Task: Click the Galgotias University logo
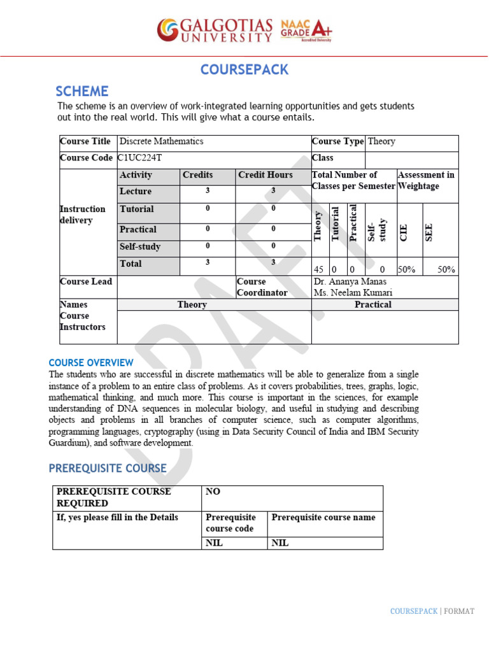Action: point(215,30)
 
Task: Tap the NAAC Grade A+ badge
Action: point(306,30)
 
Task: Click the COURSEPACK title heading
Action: point(244,69)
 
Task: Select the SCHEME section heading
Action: point(82,91)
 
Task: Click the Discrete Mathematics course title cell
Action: point(162,141)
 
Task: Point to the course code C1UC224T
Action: point(145,158)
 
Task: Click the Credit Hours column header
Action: point(266,175)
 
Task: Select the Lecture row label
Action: point(136,191)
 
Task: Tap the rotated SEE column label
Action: point(429,232)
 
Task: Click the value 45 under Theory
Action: point(319,269)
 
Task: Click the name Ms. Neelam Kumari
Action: point(353,293)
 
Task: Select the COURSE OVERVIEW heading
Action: point(92,362)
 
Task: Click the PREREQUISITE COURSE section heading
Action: point(108,469)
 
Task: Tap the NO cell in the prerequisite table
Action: point(213,492)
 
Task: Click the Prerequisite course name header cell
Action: point(323,517)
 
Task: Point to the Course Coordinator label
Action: point(262,287)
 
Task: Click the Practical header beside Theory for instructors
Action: point(373,304)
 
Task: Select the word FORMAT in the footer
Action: point(460,611)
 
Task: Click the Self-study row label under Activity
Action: point(140,246)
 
